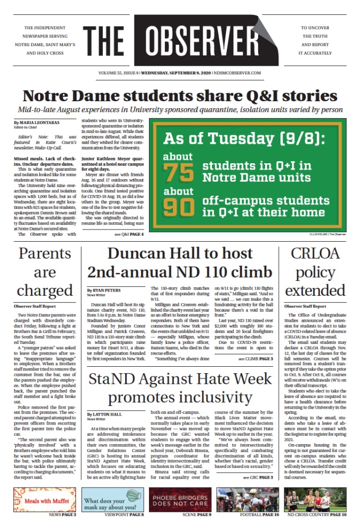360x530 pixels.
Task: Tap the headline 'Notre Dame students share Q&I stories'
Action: tap(180, 96)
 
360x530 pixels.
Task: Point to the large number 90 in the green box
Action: tap(178, 207)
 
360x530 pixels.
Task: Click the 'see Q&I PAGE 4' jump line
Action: tap(128, 234)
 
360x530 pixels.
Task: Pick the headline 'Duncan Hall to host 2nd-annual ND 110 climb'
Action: tap(180, 262)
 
